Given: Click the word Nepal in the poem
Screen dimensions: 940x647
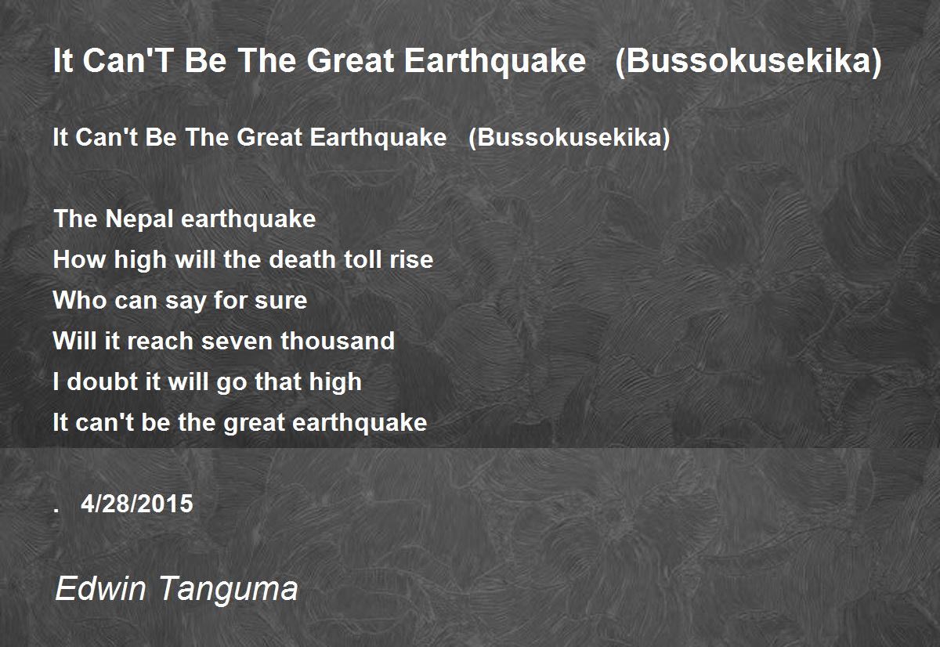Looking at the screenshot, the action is pos(139,220).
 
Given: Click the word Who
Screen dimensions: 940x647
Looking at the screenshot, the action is pos(79,301).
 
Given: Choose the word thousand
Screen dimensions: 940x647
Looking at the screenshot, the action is pos(338,340).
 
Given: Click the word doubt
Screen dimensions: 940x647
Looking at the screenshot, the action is pos(103,381).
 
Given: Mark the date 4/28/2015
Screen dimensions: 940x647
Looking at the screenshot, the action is pos(137,504).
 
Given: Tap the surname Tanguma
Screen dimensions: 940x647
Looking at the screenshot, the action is pos(229,589).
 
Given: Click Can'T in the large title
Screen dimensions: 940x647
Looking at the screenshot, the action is pos(128,60).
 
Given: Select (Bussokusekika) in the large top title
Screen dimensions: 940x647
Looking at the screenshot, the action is pos(748,61).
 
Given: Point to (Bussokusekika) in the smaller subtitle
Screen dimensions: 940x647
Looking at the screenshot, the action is pos(569,138).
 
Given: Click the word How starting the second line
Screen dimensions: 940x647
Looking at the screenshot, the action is pos(79,259).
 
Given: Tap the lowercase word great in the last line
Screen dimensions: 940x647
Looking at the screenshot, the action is pos(255,423).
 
